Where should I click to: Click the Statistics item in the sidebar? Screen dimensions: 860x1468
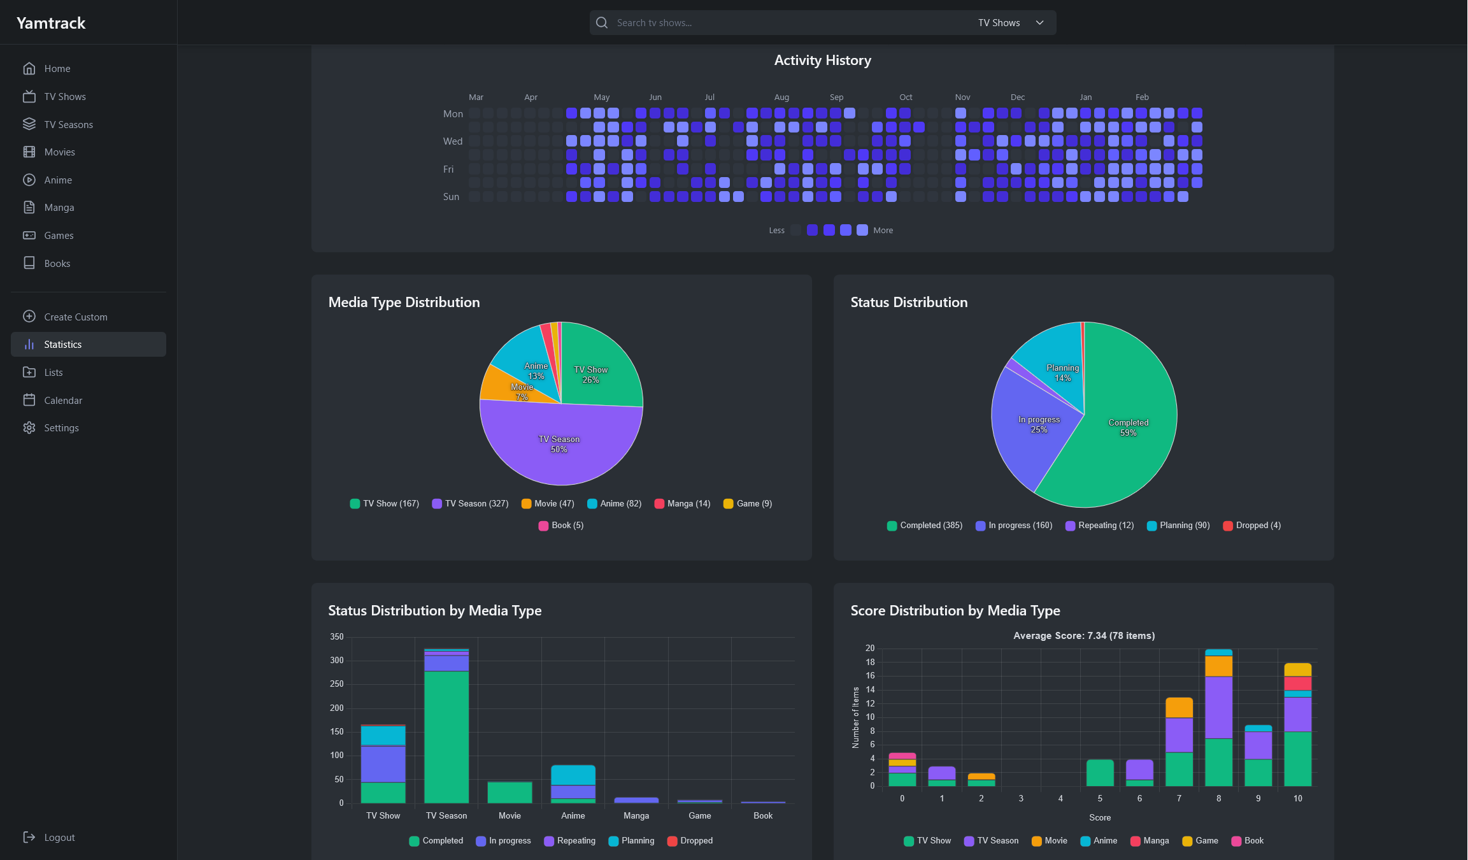62,345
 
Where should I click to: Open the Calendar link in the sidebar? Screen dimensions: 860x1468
63,400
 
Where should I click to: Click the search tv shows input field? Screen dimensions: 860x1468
790,23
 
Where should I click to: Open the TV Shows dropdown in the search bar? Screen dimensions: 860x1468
1011,23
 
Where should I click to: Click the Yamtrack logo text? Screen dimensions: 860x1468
51,24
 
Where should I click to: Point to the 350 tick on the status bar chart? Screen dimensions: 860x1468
337,636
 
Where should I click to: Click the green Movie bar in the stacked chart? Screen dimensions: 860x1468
510,792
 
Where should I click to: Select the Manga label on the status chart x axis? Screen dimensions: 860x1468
636,815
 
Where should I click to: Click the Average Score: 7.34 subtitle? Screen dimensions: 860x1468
1084,636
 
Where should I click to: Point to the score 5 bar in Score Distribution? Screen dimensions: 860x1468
1100,773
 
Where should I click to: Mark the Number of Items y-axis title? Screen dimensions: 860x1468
855,717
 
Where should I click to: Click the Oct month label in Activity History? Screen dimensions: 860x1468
906,97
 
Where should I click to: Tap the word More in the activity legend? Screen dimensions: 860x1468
883,231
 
